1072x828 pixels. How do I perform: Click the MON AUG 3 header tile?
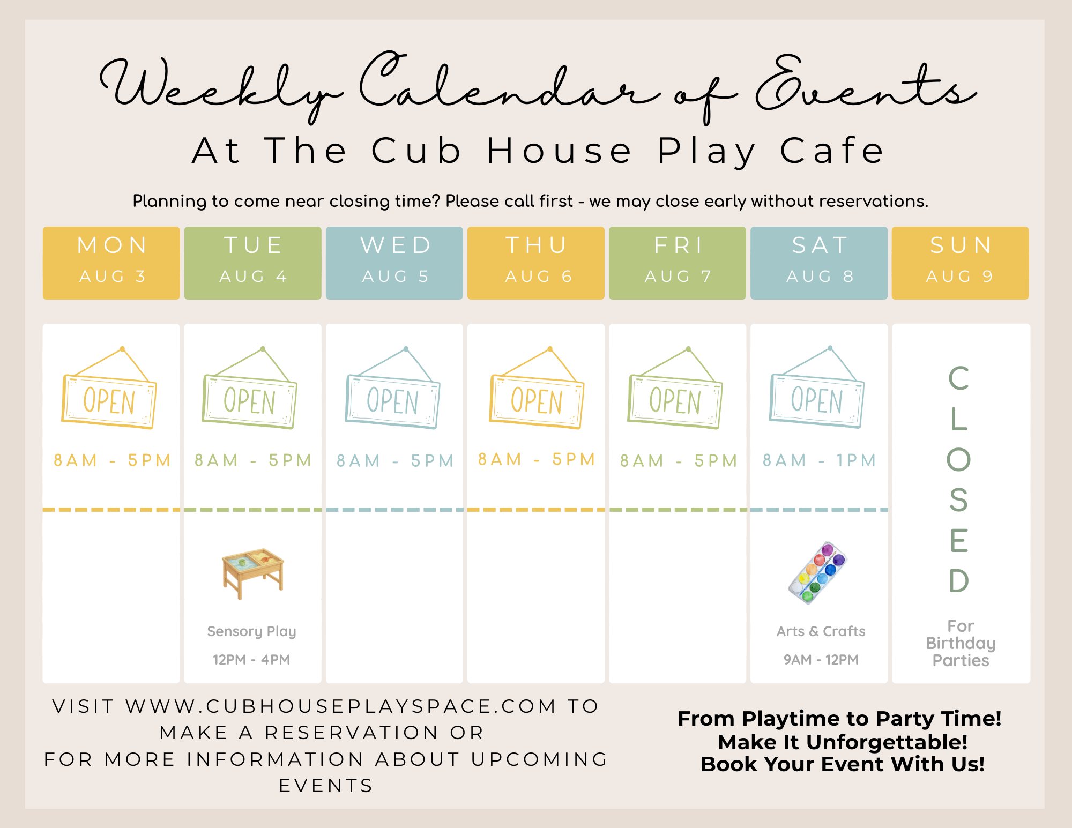click(x=111, y=263)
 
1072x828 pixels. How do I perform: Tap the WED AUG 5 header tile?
click(x=394, y=263)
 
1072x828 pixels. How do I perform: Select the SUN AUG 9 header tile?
click(x=961, y=263)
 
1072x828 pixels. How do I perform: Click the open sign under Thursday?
click(x=537, y=388)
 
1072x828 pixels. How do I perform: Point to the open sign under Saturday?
click(x=817, y=387)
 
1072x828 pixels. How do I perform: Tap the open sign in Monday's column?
click(x=109, y=388)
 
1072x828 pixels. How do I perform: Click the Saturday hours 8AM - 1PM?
click(x=820, y=460)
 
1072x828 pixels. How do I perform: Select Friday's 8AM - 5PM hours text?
click(x=679, y=461)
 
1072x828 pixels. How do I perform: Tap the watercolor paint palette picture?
click(x=817, y=572)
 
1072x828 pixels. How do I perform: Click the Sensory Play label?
click(x=252, y=631)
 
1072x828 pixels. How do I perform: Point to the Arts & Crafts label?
click(x=821, y=631)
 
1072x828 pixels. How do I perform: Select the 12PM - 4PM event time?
click(x=251, y=660)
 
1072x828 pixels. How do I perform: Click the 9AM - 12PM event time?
click(x=821, y=660)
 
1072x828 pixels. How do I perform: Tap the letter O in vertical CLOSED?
click(x=959, y=459)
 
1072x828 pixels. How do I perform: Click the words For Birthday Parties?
click(x=961, y=643)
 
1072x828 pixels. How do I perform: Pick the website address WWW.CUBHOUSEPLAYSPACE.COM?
click(x=341, y=706)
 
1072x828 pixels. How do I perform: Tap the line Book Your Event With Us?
click(x=843, y=764)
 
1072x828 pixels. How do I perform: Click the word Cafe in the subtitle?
click(x=831, y=151)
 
